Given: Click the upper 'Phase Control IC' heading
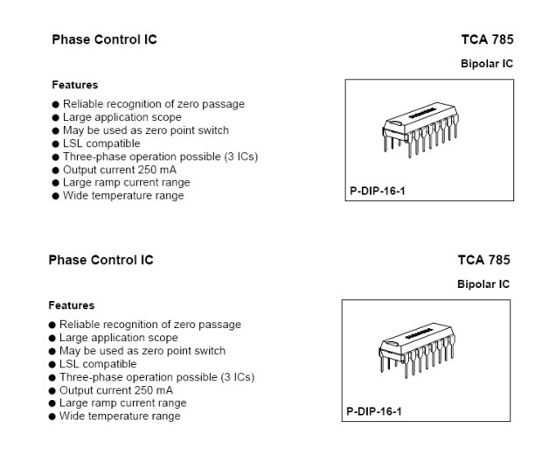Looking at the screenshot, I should tap(104, 39).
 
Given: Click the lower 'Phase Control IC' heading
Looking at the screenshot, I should tap(101, 260).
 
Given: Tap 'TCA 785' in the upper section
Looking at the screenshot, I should tap(487, 39).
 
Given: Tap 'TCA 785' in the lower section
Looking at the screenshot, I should tap(483, 260).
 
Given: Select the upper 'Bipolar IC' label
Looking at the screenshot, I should tap(487, 64).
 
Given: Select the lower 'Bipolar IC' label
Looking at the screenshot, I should tap(483, 284).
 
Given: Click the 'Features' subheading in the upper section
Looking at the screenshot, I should tap(74, 85).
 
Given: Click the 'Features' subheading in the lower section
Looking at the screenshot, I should tap(71, 305).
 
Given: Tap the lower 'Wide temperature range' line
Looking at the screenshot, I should tap(120, 416).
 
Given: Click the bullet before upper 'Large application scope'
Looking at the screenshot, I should tap(56, 117).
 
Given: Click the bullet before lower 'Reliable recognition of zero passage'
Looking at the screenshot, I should tap(52, 325).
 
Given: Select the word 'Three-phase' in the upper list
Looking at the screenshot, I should tap(91, 157).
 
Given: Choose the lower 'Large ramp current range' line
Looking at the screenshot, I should tap(122, 403).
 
